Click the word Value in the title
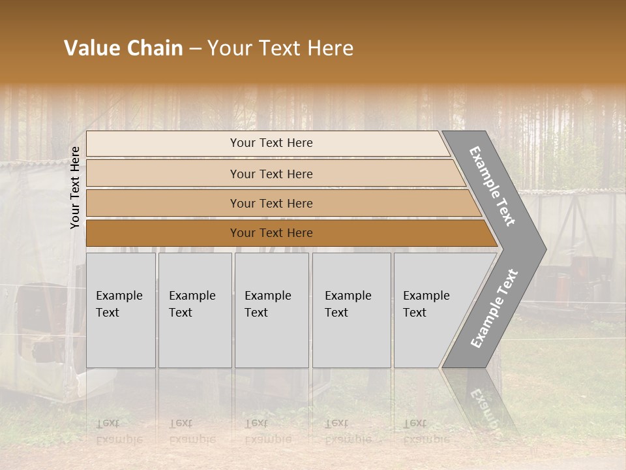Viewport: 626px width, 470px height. coord(91,48)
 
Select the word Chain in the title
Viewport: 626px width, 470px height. coord(155,48)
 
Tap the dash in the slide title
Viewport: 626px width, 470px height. coord(195,49)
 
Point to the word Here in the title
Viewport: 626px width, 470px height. coord(329,48)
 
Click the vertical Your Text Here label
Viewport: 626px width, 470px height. coord(75,187)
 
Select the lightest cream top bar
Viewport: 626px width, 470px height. coord(271,143)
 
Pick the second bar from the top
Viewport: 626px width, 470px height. coord(271,174)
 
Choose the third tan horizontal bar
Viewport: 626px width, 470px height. coord(271,203)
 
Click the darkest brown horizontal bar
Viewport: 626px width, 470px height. coord(271,233)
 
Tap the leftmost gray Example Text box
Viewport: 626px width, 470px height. coord(121,310)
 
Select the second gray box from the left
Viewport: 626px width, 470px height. coord(194,310)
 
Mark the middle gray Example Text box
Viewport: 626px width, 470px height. coord(271,310)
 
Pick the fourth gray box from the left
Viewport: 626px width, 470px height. coord(351,310)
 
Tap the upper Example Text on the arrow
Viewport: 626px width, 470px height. coord(493,186)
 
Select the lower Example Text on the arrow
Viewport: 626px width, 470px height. coord(494,309)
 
